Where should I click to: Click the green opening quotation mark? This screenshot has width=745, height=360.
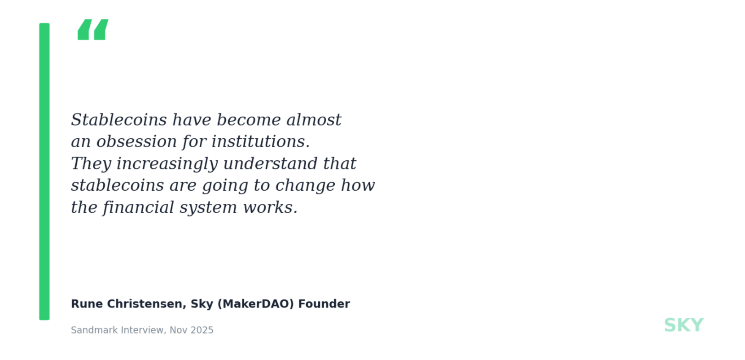pos(93,30)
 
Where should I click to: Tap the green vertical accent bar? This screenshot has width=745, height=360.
pos(44,171)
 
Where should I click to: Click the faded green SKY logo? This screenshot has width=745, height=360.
pos(684,325)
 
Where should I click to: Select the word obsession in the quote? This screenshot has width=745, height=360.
pos(137,141)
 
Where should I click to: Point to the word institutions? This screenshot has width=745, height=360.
pos(261,141)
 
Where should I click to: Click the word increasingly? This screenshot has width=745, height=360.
pos(167,164)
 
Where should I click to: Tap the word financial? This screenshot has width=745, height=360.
pos(138,207)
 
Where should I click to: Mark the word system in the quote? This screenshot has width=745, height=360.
pos(209,208)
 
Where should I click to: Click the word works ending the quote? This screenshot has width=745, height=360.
pos(270,207)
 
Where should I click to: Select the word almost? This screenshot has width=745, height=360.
pos(314,119)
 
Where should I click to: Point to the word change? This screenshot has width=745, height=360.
pos(305,186)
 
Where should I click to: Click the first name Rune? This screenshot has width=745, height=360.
pos(87,304)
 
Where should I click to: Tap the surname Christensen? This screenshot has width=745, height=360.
pos(146,304)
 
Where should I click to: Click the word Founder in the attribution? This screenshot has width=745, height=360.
pos(324,304)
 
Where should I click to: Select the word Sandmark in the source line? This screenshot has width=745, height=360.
pos(94,330)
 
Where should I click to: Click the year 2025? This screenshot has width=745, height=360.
pos(202,330)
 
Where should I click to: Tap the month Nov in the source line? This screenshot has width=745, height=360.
pos(179,330)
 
